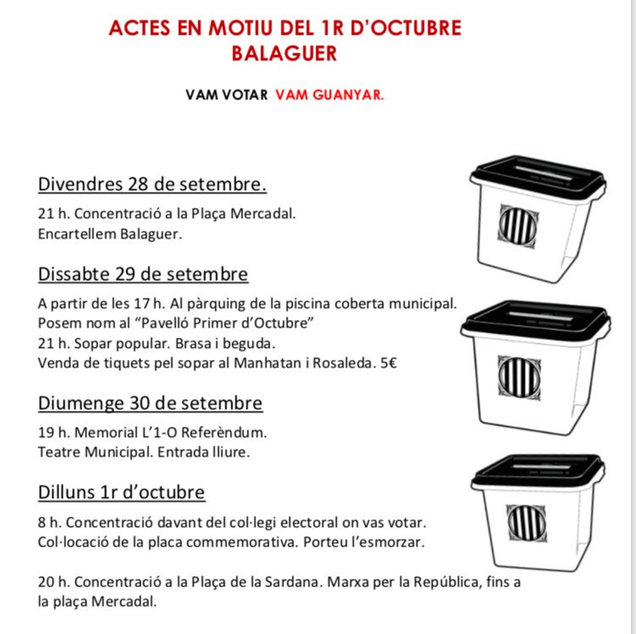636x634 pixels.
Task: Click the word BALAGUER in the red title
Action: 284,53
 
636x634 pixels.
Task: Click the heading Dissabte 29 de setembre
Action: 143,274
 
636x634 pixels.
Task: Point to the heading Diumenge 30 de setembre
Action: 150,402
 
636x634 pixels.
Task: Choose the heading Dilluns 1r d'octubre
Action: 121,492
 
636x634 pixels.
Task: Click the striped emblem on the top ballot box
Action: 517,225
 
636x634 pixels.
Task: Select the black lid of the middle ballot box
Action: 535,319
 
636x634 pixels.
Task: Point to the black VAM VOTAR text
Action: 226,95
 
